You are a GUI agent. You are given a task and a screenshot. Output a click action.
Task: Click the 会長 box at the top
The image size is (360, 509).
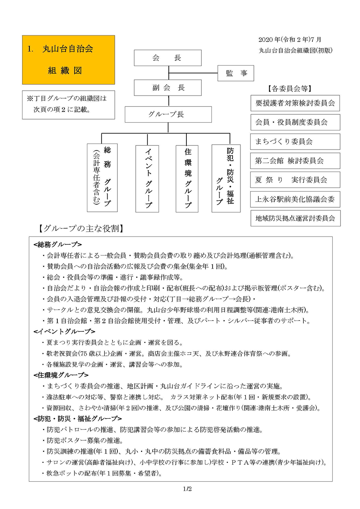click(168, 58)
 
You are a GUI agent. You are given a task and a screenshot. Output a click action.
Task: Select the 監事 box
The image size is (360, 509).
click(235, 73)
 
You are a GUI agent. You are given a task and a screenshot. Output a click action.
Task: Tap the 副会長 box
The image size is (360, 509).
click(168, 88)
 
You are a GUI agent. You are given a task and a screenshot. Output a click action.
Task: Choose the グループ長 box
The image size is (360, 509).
click(168, 114)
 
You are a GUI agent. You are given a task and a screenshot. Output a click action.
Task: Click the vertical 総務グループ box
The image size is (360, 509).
click(102, 178)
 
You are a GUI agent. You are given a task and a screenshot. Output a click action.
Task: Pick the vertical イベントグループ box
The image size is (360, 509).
click(147, 178)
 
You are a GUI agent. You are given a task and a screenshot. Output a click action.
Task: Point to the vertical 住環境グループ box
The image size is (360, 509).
click(187, 178)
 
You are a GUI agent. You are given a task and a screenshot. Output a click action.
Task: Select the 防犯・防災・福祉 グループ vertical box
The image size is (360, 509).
click(226, 178)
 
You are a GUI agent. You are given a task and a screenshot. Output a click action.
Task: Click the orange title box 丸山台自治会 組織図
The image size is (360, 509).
click(68, 60)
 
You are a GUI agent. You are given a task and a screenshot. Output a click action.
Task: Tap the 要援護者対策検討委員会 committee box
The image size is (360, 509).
click(295, 103)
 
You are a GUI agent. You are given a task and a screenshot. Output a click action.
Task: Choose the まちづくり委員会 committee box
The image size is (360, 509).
click(295, 141)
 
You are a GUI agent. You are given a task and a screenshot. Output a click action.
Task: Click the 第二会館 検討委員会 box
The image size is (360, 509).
click(295, 161)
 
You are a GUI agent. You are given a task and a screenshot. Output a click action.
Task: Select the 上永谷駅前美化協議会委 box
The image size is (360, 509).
click(295, 199)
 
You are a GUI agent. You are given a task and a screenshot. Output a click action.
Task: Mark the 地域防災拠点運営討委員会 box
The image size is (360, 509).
click(295, 218)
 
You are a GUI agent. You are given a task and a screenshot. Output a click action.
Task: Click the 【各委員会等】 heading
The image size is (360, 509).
click(290, 88)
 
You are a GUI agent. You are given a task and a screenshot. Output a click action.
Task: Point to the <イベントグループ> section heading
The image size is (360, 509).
click(64, 331)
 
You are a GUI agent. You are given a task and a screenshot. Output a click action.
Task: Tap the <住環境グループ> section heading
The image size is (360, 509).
click(61, 375)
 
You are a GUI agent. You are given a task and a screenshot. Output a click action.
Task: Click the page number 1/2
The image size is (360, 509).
click(187, 489)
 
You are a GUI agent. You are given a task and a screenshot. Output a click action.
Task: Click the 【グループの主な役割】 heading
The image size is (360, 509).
click(81, 228)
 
